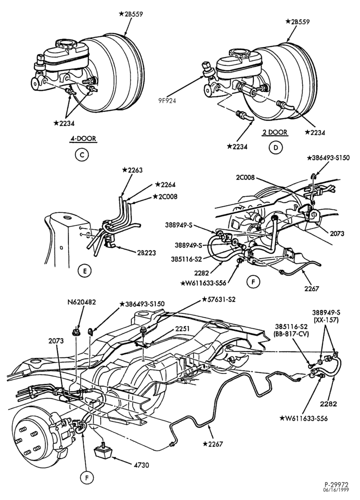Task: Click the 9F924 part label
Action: click(167, 101)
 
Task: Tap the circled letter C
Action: click(81, 155)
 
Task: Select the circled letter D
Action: click(275, 147)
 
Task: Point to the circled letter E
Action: click(84, 271)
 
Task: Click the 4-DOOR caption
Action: click(83, 138)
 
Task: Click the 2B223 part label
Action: click(146, 253)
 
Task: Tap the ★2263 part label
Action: click(131, 170)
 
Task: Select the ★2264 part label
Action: click(165, 184)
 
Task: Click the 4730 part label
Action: click(141, 465)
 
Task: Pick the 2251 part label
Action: click(182, 329)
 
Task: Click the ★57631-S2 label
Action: click(218, 299)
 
